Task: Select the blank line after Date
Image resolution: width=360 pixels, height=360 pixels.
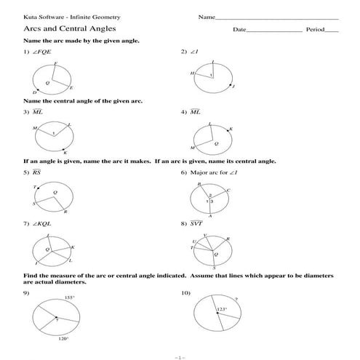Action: point(274,30)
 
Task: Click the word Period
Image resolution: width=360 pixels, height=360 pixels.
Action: point(314,30)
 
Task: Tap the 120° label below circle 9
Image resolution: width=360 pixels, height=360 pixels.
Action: point(63,338)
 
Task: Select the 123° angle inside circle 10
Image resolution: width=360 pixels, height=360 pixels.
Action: point(222,309)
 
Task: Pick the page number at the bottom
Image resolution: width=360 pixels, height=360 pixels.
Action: point(180,356)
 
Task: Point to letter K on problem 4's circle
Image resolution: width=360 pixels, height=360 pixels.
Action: point(231,129)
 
